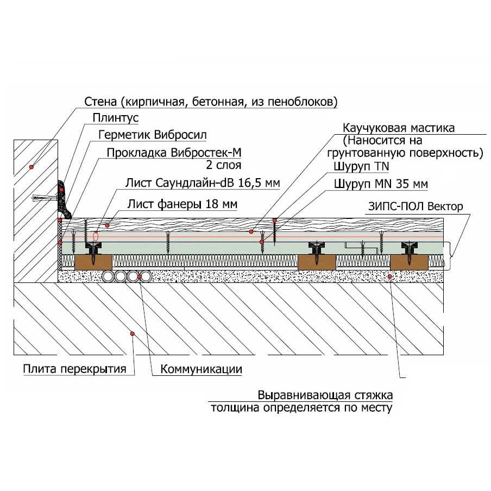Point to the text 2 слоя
pos(223,165)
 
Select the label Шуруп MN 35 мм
pos(380,184)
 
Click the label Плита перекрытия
pos(74,369)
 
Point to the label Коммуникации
pos(201,369)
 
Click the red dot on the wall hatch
pos(32,167)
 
